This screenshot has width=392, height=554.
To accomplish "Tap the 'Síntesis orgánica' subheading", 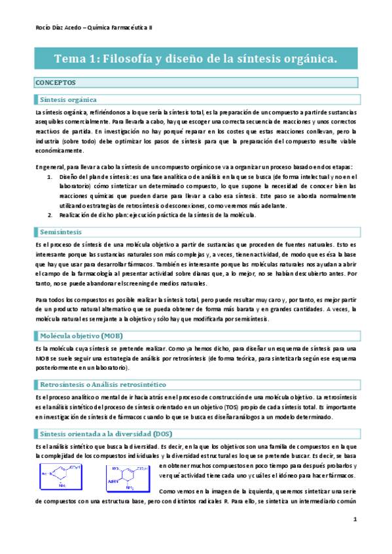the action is pos(68,99).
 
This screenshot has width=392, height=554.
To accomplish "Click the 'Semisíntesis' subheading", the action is pos(60,232).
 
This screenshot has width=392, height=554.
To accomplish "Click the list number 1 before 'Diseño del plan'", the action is pos(52,176).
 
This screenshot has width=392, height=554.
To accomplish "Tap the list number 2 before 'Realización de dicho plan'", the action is pos(52,214).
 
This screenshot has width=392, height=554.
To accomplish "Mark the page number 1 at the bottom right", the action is pos(354,538).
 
